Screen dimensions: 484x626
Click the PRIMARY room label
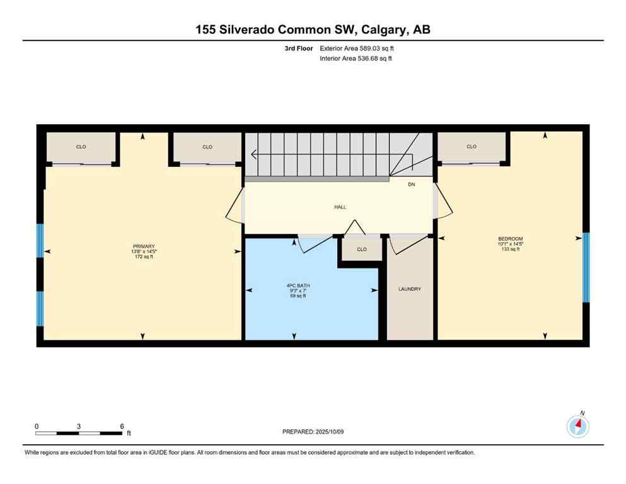(x=144, y=246)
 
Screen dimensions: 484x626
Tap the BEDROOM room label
(x=510, y=239)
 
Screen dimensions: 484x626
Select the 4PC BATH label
(x=298, y=285)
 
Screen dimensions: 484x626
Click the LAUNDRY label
(x=409, y=289)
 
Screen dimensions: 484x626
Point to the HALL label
(x=340, y=207)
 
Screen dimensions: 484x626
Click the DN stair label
(x=411, y=185)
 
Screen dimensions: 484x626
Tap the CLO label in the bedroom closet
(x=472, y=147)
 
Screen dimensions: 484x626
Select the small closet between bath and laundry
(x=362, y=250)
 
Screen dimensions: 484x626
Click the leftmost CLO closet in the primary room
(x=81, y=147)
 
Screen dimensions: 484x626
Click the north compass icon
(x=577, y=426)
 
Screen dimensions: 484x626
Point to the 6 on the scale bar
(x=121, y=426)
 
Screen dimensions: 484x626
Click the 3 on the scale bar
(x=79, y=426)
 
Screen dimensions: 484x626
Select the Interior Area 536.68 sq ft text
(x=357, y=59)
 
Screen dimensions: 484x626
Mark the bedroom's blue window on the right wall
(x=586, y=268)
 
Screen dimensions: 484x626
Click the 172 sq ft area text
(x=144, y=257)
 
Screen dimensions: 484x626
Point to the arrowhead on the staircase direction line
(x=253, y=154)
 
